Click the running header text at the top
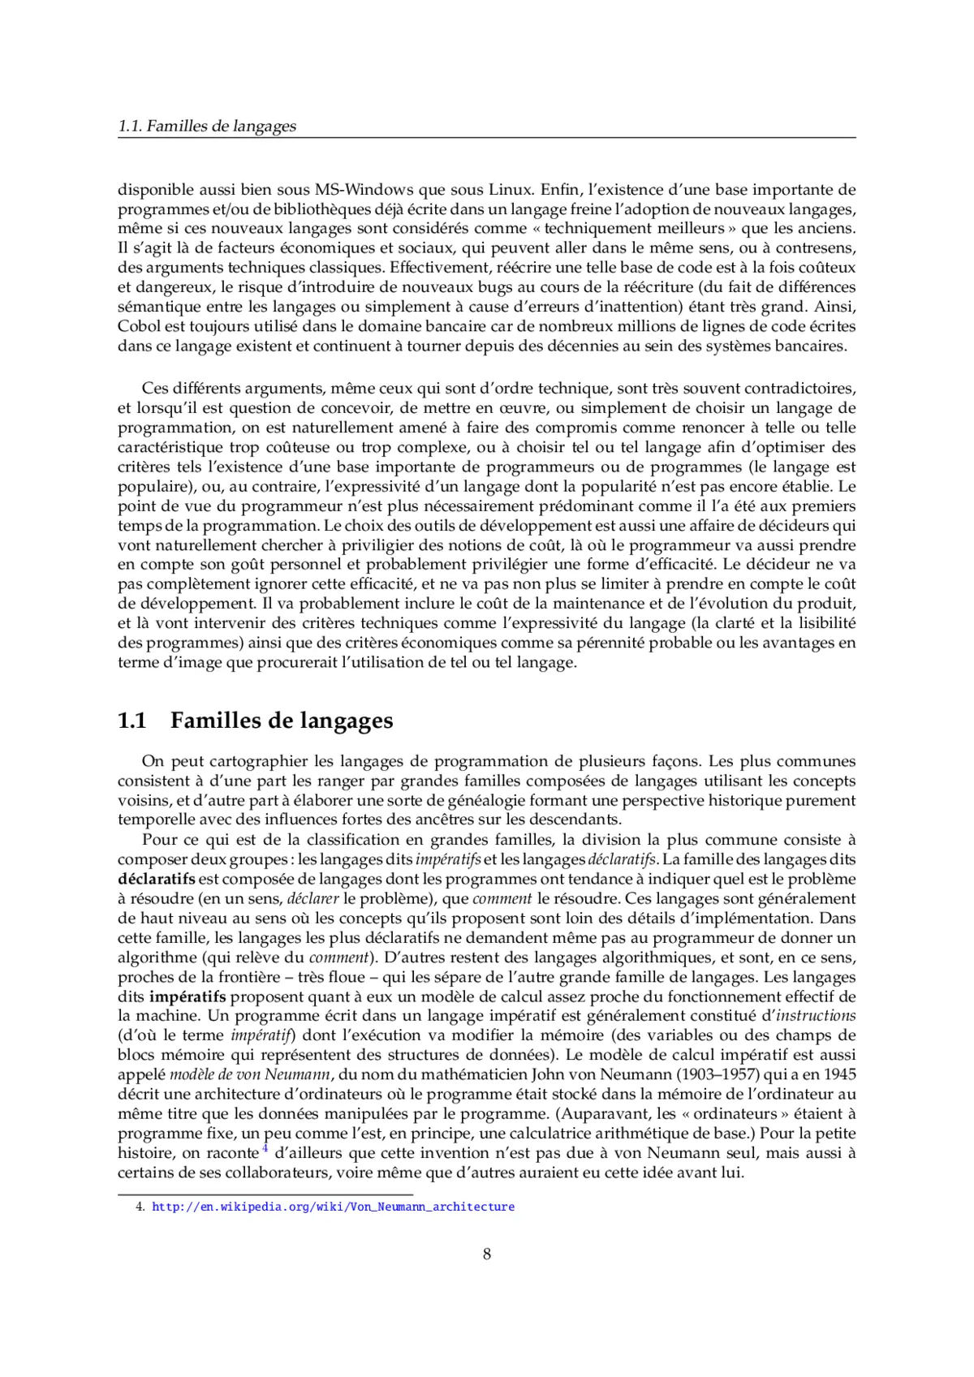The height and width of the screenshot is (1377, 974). click(x=207, y=126)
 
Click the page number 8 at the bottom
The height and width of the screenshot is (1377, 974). click(x=487, y=1254)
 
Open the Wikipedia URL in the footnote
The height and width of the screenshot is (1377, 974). click(x=333, y=1207)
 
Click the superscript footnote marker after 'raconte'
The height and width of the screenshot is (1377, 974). click(x=265, y=1147)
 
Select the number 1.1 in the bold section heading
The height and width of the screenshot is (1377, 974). click(x=132, y=721)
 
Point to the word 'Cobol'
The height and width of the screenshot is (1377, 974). click(x=139, y=326)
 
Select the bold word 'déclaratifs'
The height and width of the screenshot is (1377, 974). click(x=157, y=879)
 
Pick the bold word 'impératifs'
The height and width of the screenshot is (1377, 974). click(x=187, y=996)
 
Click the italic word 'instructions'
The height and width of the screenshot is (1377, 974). click(x=816, y=1016)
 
